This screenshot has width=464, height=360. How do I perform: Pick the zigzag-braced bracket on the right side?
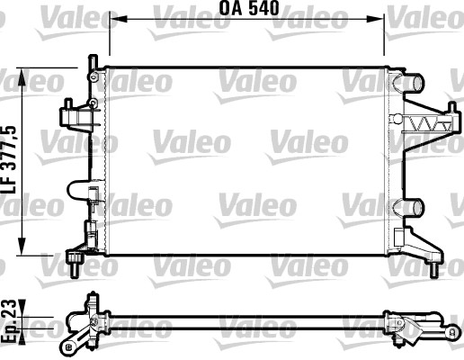click(x=427, y=124)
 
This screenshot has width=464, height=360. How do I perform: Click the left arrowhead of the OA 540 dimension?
click(x=115, y=18)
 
